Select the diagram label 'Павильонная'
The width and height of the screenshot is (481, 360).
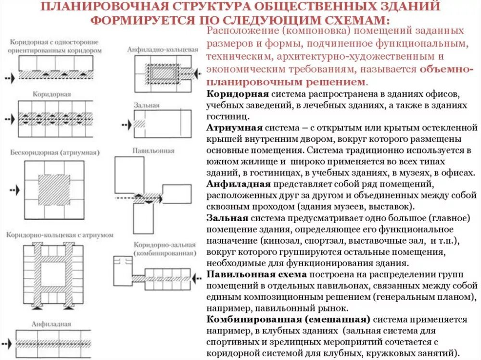[x=154, y=151]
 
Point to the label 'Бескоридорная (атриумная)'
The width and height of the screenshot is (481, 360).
[x=54, y=153]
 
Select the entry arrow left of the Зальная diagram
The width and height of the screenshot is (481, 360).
[x=125, y=124]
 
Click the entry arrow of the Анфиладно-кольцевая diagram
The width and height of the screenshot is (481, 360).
[x=197, y=72]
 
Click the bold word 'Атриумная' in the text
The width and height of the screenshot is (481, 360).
[x=234, y=128]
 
